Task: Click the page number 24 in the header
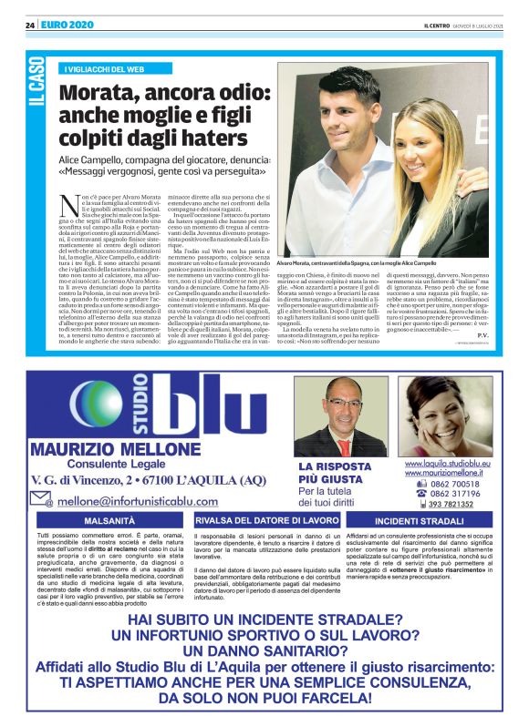(x=29, y=25)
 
